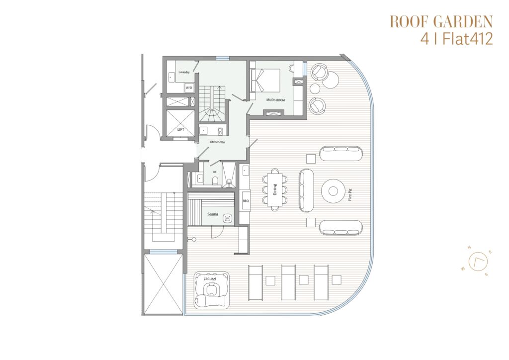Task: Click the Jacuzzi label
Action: pyautogui.click(x=210, y=279)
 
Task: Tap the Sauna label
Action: pyautogui.click(x=213, y=214)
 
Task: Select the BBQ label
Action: pyautogui.click(x=246, y=201)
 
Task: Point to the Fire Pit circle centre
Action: pyautogui.click(x=333, y=191)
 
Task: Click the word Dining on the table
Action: pyautogui.click(x=275, y=189)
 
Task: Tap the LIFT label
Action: pyautogui.click(x=181, y=129)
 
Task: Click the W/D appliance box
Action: pyautogui.click(x=189, y=88)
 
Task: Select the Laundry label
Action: pyautogui.click(x=184, y=72)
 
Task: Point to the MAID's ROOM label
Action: pyautogui.click(x=275, y=100)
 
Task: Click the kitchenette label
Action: pyautogui.click(x=217, y=142)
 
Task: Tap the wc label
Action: pyautogui.click(x=215, y=172)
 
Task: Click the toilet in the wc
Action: pyautogui.click(x=215, y=180)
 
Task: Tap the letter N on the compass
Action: pyautogui.click(x=469, y=248)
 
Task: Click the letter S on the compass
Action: pyautogui.click(x=486, y=274)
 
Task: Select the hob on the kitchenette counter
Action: pyautogui.click(x=220, y=131)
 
